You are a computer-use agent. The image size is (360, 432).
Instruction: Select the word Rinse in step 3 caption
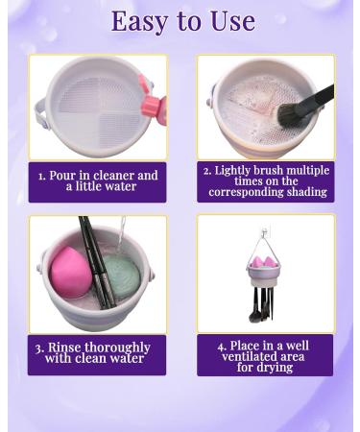tap(63, 348)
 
